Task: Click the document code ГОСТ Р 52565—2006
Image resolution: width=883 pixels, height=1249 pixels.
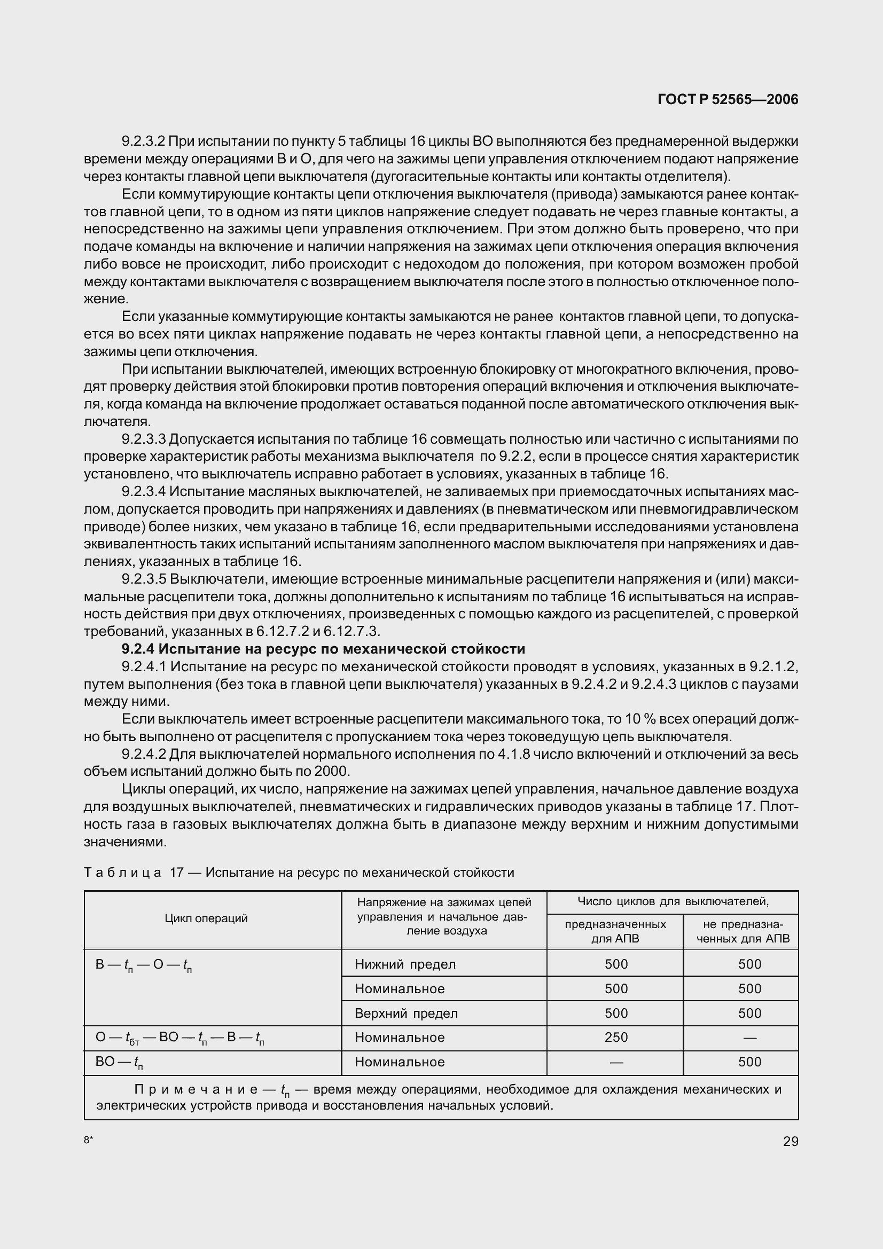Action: [x=728, y=99]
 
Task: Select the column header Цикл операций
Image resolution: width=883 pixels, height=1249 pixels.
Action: [x=206, y=918]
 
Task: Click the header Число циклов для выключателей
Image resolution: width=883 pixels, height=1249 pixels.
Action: [x=673, y=901]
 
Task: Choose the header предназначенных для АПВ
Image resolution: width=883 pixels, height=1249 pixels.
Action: [x=615, y=931]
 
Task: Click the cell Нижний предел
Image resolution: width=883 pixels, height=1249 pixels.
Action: [x=405, y=964]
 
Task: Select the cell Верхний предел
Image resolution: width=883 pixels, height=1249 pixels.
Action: [x=406, y=1013]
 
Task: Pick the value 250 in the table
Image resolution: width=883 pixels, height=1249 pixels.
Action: [x=616, y=1038]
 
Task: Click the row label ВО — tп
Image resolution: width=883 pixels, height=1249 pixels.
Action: [x=119, y=1062]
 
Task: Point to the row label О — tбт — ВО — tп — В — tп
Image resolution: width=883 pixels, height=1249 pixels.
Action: [x=179, y=1038]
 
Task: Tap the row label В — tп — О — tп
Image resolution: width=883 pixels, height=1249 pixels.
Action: [x=143, y=964]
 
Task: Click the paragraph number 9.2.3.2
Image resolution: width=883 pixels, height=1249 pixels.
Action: [x=143, y=142]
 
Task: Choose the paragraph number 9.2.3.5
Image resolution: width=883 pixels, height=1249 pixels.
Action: [x=143, y=579]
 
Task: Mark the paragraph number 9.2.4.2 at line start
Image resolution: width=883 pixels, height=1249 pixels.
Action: [x=143, y=754]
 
